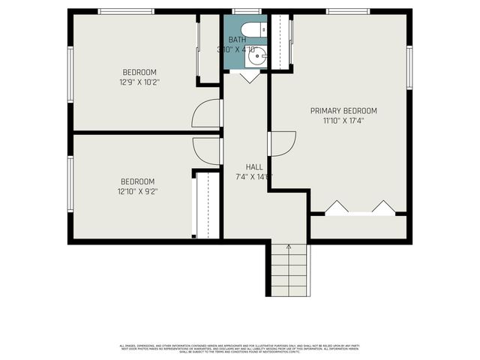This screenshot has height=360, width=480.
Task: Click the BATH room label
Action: tap(237, 40)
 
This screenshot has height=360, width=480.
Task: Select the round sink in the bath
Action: tap(258, 55)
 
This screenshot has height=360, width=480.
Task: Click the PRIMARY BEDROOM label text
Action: tap(343, 111)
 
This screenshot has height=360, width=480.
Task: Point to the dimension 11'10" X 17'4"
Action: tap(343, 120)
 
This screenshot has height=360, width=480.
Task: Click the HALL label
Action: tap(254, 167)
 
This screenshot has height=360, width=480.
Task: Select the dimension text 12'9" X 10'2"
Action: tap(139, 82)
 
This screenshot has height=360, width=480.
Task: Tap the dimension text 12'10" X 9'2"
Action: tap(138, 191)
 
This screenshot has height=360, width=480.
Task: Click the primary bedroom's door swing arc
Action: tap(282, 143)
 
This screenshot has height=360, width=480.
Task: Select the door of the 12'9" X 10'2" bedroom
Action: tap(207, 113)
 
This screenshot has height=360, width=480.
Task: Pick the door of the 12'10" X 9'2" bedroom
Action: tap(207, 150)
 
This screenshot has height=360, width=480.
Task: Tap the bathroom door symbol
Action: tap(250, 76)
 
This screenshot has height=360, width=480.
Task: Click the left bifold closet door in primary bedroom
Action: tap(335, 206)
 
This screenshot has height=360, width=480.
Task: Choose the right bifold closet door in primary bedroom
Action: tap(384, 206)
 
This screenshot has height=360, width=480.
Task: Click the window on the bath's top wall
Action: tap(241, 11)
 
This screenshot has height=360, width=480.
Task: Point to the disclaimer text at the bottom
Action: tap(240, 348)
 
